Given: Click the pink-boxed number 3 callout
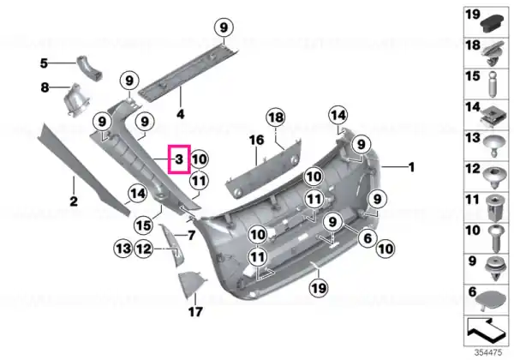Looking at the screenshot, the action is tap(179, 159).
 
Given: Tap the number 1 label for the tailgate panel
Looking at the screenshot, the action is tap(412, 167).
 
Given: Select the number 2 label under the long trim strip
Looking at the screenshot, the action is tap(74, 201).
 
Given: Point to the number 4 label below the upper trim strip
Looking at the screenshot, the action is tap(180, 114).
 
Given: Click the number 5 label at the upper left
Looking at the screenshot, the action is tap(44, 63).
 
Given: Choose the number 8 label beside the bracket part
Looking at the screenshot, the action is tap(45, 87).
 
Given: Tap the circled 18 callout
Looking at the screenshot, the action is tap(276, 117).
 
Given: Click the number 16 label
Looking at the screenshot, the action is tap(256, 141).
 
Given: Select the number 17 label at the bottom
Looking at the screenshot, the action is tap(195, 311).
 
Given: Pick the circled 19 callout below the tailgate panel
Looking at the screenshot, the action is tap(319, 289).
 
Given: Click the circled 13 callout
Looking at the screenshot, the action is tap(123, 249).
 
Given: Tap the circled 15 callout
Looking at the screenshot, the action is tap(144, 225).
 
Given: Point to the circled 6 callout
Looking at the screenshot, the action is tap(368, 238).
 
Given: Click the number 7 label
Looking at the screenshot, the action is tap(191, 235).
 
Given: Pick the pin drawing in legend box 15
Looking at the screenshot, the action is tap(493, 85).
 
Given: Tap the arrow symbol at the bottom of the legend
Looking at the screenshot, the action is tap(486, 329).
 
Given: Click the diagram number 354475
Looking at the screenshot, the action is tap(488, 353).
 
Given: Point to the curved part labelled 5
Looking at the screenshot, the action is tap(89, 69).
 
